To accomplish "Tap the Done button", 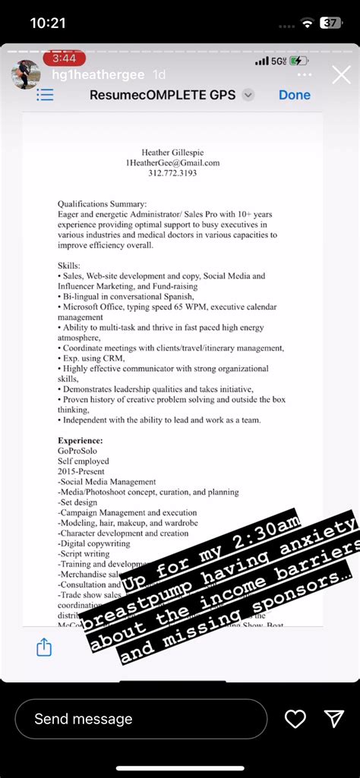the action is [294, 95].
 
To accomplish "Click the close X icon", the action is [341, 74].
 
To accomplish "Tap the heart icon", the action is [295, 719].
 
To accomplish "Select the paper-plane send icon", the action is [334, 719].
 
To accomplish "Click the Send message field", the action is [141, 719].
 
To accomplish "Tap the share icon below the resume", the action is [44, 647].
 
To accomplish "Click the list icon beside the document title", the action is [45, 95].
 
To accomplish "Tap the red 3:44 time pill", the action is [65, 58].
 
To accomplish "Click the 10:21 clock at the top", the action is [48, 24].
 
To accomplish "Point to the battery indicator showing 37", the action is [330, 24].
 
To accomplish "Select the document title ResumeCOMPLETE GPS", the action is [163, 95].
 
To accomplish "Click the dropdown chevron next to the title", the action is [248, 95].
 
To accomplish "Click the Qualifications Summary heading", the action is [102, 203].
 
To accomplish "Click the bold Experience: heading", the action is [80, 440].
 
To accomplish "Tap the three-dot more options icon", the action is [304, 74].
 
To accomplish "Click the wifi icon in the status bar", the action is [307, 24].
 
